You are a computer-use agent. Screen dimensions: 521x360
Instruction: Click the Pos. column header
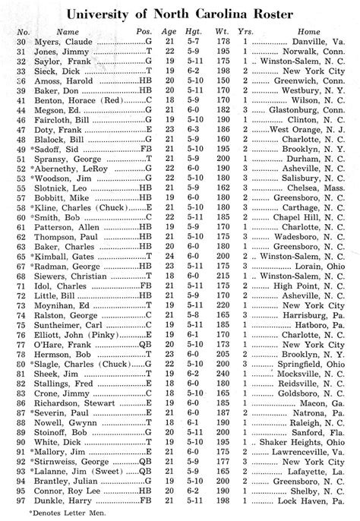click(144, 33)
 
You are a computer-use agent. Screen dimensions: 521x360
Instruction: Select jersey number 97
click(23, 499)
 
